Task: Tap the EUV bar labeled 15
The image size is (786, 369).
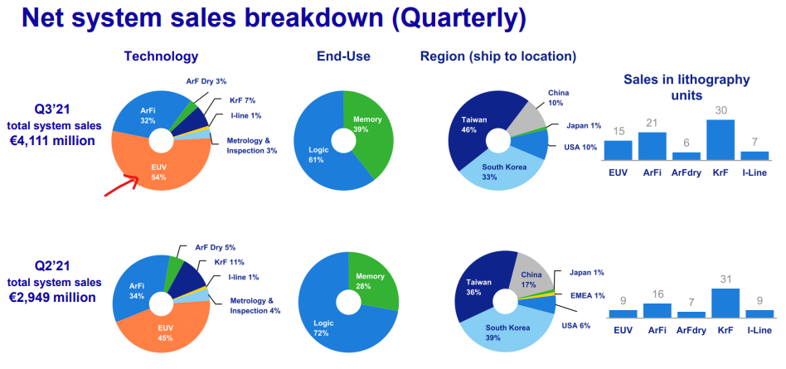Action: click(x=618, y=150)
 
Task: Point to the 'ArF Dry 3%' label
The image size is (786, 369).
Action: click(x=207, y=81)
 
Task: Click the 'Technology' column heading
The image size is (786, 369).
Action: click(x=161, y=56)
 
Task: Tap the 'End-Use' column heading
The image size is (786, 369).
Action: click(x=343, y=56)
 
